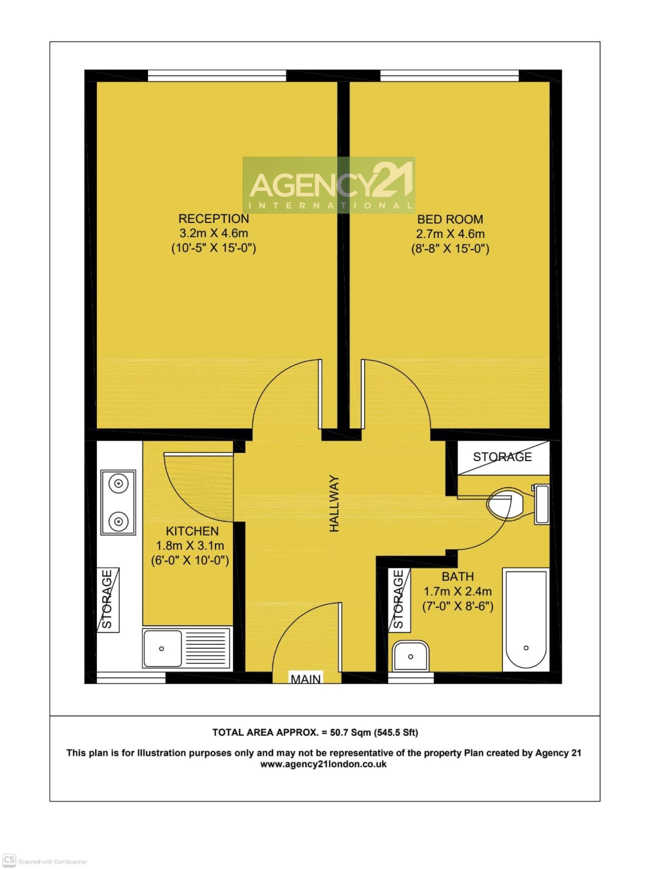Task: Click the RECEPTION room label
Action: coord(213,219)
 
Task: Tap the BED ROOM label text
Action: coord(450,219)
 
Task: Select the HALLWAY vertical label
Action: coord(334,503)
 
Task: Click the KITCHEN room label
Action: coord(192,531)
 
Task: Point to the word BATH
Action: coord(457,576)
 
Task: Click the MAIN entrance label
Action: coord(305,679)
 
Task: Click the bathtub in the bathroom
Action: coord(525,619)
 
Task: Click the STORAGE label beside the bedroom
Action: coord(502,457)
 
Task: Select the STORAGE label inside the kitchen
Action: coord(108,599)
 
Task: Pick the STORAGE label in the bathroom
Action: coord(398,599)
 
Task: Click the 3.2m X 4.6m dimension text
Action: coord(213,233)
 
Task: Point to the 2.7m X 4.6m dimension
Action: coord(450,234)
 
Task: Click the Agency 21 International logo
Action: coord(329,185)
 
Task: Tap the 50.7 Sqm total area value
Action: coord(350,732)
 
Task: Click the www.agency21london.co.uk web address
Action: coord(323,764)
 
